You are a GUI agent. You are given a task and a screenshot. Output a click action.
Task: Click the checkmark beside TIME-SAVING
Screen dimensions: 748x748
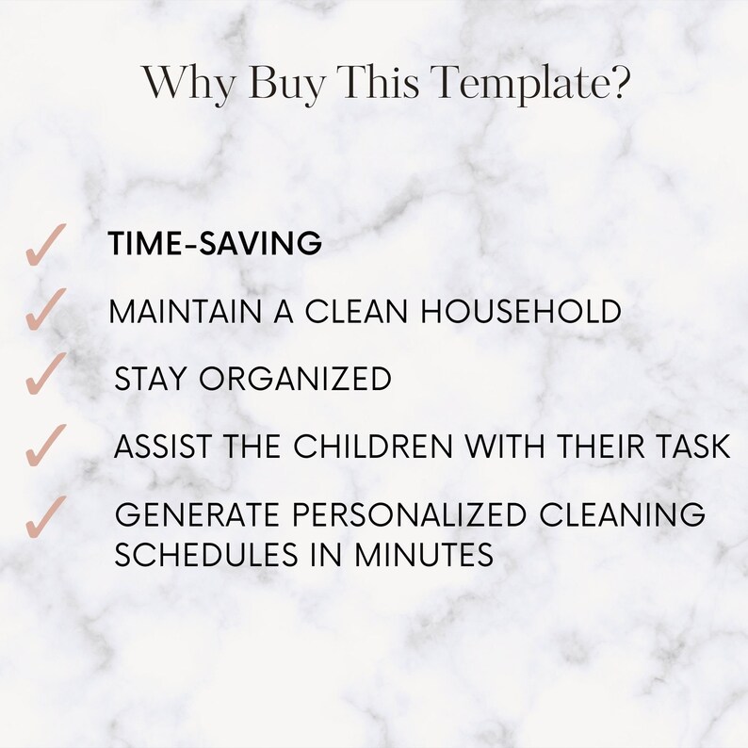point(43,247)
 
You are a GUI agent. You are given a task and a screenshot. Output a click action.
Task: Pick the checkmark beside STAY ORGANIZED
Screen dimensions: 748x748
point(43,374)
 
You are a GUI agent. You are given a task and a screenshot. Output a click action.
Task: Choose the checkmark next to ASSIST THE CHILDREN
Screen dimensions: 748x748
point(43,445)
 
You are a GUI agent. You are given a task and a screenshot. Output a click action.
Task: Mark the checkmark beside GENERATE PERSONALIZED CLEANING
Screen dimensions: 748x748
point(43,516)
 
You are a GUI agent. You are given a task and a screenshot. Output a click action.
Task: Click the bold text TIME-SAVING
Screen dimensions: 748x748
point(216,244)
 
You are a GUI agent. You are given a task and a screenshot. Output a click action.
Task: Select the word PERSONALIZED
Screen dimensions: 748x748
point(395,515)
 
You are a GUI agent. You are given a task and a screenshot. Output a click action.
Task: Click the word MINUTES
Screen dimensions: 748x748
point(424,555)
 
